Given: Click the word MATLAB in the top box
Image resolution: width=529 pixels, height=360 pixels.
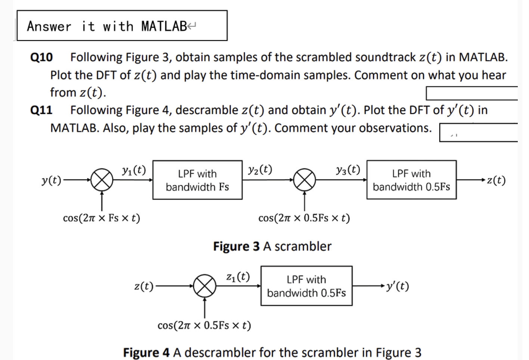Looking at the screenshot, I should [164, 26].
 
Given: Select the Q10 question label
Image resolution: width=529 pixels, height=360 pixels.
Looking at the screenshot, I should [41, 58].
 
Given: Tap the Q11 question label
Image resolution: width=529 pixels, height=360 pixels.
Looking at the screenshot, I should [41, 110].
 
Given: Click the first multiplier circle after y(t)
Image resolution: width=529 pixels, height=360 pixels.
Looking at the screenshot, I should [102, 180].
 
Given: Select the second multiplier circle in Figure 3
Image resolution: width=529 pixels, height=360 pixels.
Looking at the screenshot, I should [304, 180].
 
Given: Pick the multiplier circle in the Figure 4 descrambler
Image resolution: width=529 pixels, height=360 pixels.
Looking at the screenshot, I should [205, 286].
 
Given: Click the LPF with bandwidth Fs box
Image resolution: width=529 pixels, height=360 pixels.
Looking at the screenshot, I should [197, 180].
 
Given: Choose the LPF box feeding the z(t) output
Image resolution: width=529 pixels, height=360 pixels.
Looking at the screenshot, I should [411, 180].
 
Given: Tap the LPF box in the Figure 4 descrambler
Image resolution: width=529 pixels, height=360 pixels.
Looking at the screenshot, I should [306, 286].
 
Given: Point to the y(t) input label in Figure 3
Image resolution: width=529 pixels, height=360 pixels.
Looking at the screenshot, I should [51, 180].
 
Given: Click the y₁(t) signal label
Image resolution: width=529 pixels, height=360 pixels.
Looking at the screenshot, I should [134, 170].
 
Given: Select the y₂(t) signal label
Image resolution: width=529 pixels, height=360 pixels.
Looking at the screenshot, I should [260, 170].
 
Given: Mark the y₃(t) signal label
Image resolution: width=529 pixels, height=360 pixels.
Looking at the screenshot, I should [348, 170].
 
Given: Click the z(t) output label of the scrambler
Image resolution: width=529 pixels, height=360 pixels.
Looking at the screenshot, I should [496, 180].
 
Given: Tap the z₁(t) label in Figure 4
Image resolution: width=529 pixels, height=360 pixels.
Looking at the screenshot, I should [238, 277].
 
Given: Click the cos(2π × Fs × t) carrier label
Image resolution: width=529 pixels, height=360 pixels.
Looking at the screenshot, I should [101, 218].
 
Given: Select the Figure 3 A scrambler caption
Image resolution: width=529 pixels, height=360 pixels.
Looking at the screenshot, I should [272, 246].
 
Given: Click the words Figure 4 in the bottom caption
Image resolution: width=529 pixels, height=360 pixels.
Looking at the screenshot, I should [146, 352].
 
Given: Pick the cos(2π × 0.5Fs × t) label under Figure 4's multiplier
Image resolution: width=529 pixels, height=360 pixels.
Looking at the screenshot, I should [204, 325].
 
